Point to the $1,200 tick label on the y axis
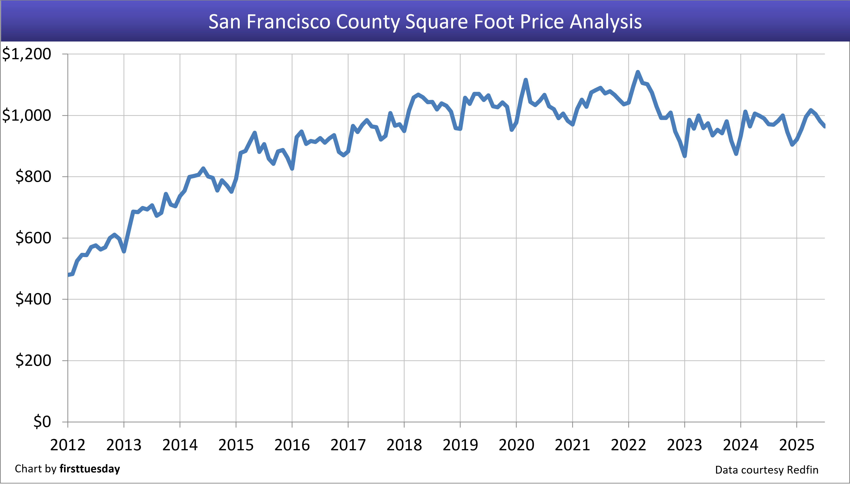(27, 54)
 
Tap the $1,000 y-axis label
(27, 115)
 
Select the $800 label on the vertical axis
(33, 176)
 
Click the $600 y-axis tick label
(33, 238)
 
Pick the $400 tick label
(33, 299)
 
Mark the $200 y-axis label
(33, 360)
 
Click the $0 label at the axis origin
(42, 422)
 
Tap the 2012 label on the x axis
(68, 445)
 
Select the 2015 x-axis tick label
(236, 445)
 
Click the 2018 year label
(404, 445)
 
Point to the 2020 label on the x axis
(516, 445)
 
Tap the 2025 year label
(797, 445)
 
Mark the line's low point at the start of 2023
(685, 156)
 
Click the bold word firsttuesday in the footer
(90, 469)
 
